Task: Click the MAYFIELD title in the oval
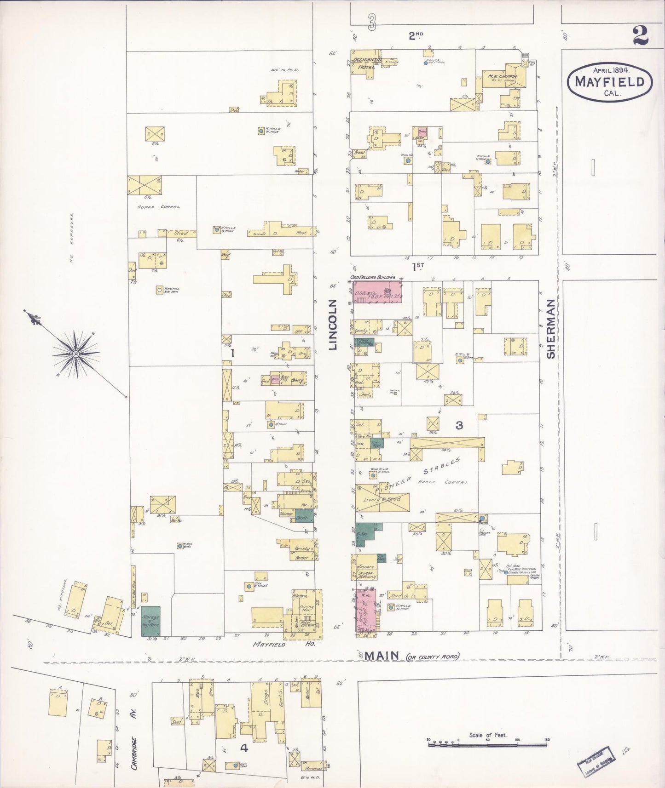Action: (x=609, y=82)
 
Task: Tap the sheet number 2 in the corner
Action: (x=640, y=35)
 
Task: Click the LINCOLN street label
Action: (x=333, y=325)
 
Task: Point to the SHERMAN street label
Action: (x=551, y=329)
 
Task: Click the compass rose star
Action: (x=75, y=354)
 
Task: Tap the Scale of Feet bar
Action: (x=488, y=744)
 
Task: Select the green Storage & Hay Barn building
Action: (x=150, y=621)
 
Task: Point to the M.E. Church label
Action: (x=503, y=76)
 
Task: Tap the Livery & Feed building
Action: (x=382, y=499)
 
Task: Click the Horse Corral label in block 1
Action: (x=159, y=207)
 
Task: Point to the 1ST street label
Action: (x=417, y=266)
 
